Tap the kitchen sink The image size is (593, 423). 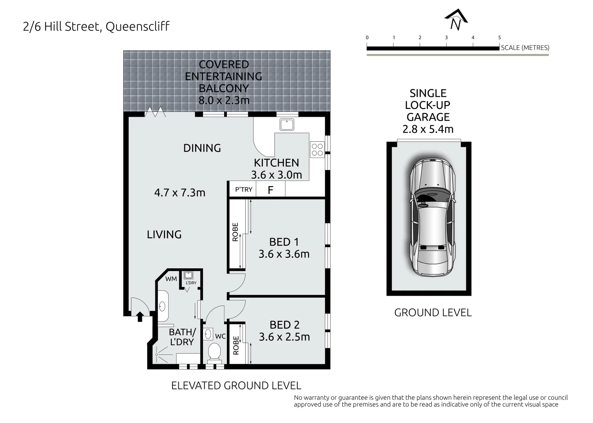[x=287, y=125]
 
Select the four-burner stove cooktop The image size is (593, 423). [x=317, y=149]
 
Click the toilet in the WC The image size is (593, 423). [x=214, y=351]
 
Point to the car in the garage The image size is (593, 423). [x=432, y=218]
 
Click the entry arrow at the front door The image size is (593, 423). [x=140, y=316]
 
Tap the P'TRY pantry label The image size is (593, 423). [x=243, y=190]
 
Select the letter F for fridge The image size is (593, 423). [x=270, y=190]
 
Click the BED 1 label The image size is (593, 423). [x=284, y=242]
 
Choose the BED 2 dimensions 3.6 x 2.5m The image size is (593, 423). [x=284, y=337]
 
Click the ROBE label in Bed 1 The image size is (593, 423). [x=235, y=232]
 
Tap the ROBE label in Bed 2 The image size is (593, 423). [x=236, y=345]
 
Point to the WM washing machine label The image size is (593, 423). [x=171, y=279]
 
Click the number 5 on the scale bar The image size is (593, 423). [x=499, y=38]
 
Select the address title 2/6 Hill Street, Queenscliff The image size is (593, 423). [x=96, y=27]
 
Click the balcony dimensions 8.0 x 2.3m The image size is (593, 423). [x=224, y=100]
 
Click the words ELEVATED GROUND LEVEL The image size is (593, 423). [x=236, y=385]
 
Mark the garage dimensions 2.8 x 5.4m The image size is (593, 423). [x=428, y=129]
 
